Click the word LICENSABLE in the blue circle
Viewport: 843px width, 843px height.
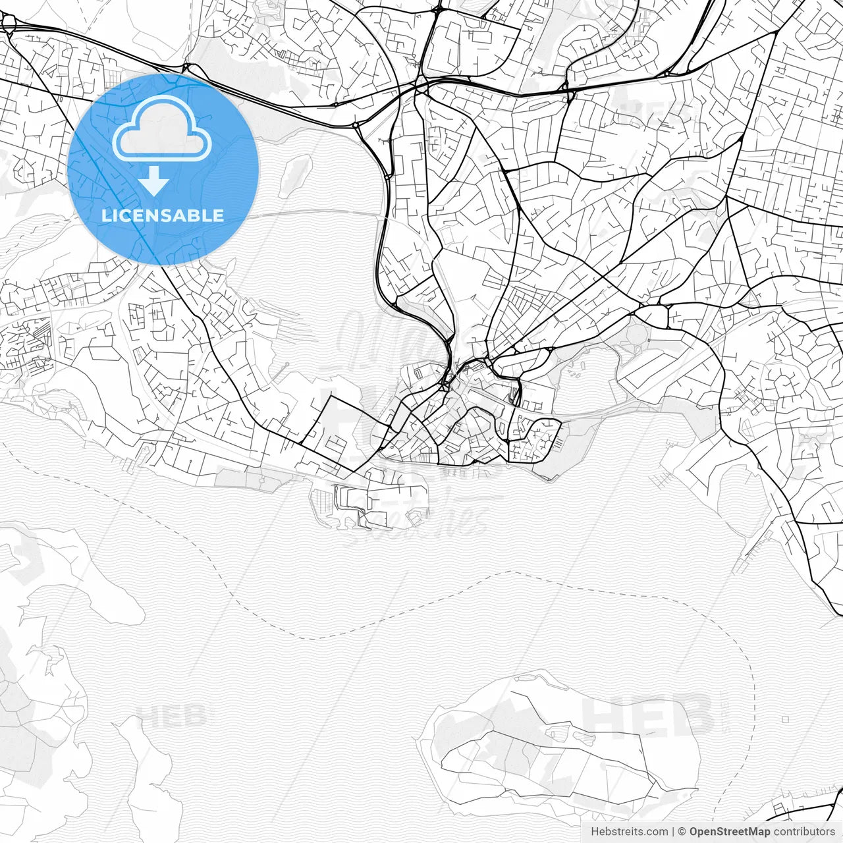click(x=163, y=215)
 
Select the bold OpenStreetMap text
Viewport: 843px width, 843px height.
click(x=729, y=832)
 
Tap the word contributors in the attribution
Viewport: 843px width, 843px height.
click(x=804, y=832)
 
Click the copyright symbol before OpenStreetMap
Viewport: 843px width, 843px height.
click(x=682, y=832)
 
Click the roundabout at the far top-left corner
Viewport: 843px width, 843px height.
click(x=9, y=24)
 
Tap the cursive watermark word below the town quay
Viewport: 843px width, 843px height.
click(x=421, y=524)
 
